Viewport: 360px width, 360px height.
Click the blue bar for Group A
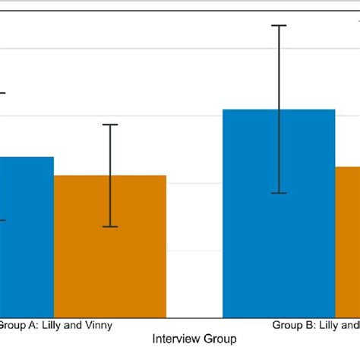(27, 236)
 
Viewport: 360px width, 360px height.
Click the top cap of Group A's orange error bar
(111, 125)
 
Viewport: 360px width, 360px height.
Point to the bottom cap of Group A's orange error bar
(111, 226)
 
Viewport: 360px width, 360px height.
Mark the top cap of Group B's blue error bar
(279, 26)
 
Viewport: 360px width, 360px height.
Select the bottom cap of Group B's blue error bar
(279, 193)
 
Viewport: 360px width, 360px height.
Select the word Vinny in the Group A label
(99, 325)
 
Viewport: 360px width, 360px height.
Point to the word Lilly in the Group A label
(49, 325)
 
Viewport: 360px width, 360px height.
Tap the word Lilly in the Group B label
(327, 325)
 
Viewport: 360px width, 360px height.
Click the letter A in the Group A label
(30, 325)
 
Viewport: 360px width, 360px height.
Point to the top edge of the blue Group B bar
(279, 109)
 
